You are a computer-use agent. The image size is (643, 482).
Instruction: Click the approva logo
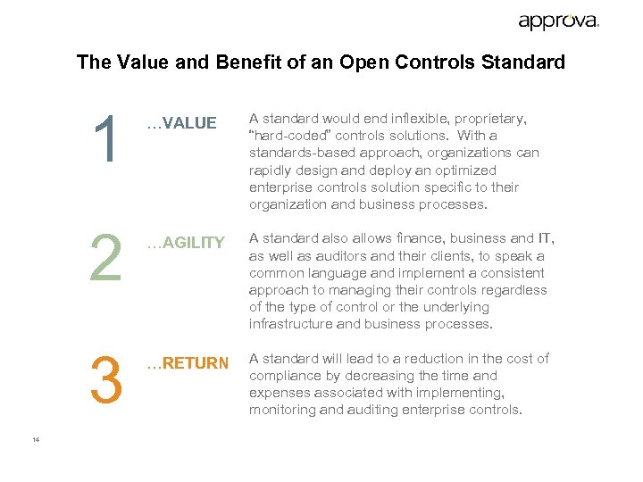[x=558, y=21]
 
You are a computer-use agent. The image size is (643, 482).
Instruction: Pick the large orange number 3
[x=106, y=378]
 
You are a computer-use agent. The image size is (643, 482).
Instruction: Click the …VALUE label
[x=181, y=123]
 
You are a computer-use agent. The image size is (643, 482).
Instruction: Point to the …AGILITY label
[x=185, y=243]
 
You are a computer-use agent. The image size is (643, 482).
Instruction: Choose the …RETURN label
[x=188, y=362]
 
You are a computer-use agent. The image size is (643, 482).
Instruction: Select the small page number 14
[x=36, y=439]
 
